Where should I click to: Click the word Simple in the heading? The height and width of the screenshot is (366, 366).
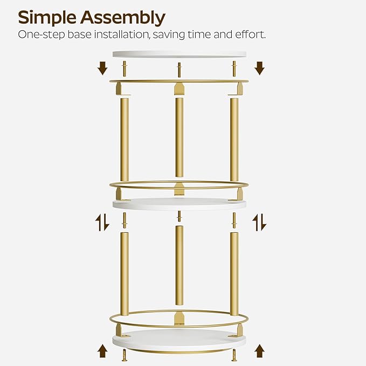[x=47, y=17]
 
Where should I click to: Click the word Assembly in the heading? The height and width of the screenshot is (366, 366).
[x=123, y=18]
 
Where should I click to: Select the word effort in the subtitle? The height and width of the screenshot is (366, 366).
[x=248, y=34]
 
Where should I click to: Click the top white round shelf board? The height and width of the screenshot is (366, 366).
[x=179, y=54]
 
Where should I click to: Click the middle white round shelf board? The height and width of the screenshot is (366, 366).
[x=179, y=204]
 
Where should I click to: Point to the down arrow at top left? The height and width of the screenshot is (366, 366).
[x=102, y=68]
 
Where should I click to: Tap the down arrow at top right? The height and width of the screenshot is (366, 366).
[x=259, y=68]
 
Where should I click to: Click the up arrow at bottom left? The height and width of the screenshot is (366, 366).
[x=102, y=351]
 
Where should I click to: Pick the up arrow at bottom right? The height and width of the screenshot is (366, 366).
[x=259, y=351]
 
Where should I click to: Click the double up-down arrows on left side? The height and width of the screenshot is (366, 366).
[x=102, y=222]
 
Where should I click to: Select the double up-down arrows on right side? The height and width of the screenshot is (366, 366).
[x=259, y=222]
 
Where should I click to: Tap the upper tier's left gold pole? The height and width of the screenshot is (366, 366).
[x=123, y=139]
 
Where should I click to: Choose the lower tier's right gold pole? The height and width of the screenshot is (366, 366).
[x=234, y=273]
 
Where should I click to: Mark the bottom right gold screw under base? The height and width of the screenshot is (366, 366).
[x=234, y=355]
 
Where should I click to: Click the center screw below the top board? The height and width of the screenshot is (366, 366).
[x=179, y=68]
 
